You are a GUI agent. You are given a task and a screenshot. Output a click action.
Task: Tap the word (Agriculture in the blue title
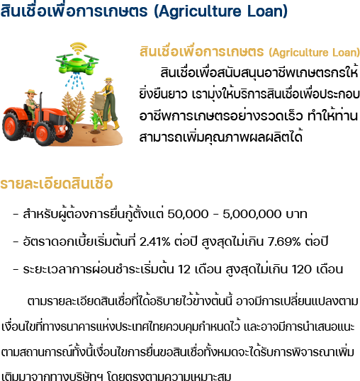point(198,11)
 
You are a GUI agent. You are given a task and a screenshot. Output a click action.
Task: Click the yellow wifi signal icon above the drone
point(78,48)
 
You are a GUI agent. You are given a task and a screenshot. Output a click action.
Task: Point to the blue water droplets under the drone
point(74,81)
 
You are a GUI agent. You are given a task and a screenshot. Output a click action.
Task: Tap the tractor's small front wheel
point(44,133)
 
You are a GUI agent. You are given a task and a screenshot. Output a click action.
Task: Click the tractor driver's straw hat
point(30,92)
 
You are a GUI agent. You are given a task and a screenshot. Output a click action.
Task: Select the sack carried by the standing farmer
point(99,101)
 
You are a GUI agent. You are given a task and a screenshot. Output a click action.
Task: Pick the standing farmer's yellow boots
point(111,125)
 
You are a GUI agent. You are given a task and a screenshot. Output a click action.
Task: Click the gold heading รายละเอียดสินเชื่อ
point(57,183)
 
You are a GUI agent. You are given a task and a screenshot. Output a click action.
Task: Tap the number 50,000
point(188,215)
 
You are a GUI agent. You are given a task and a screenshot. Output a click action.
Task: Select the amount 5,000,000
point(252,215)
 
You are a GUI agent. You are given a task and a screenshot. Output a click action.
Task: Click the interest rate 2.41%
point(154,241)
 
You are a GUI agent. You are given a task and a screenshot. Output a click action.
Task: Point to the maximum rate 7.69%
point(284,241)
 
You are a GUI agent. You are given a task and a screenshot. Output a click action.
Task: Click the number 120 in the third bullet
point(301,269)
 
